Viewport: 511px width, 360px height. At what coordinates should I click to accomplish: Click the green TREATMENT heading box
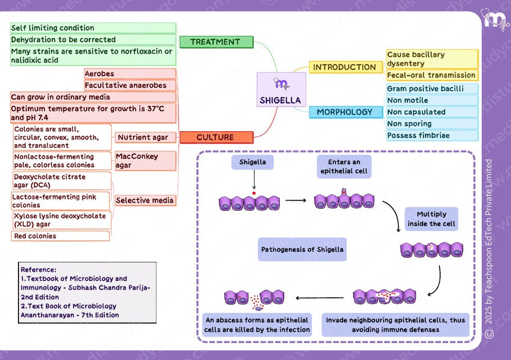point(216,42)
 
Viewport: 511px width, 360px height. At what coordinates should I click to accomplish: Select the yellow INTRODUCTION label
point(344,67)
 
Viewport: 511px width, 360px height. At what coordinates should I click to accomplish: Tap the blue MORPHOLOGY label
point(344,112)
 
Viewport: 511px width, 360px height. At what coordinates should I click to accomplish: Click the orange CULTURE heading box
point(216,137)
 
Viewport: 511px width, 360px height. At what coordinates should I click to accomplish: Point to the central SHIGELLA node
point(281,90)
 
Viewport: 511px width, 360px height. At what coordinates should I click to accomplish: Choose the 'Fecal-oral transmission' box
point(432,75)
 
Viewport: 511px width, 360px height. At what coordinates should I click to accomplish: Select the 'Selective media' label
point(145,200)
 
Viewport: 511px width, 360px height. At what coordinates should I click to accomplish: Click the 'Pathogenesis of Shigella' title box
point(302,249)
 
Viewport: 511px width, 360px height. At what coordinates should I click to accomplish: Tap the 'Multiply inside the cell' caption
point(431,219)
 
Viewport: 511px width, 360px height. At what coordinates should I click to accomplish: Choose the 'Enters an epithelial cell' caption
point(344,167)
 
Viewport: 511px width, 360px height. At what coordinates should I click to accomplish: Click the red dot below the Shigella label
point(254,193)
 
